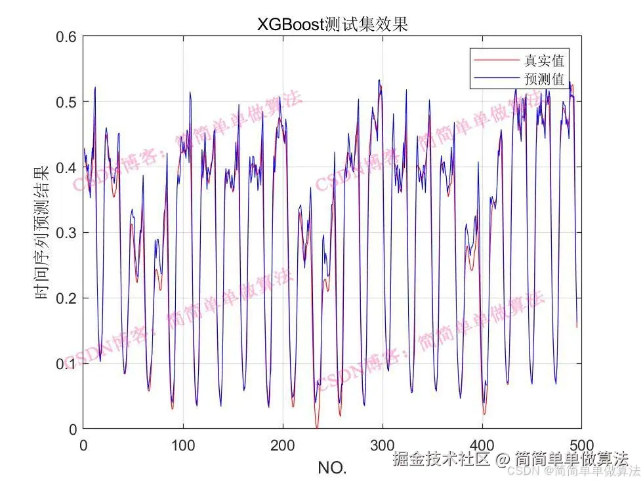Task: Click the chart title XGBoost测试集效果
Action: tap(332, 24)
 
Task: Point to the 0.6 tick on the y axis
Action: tap(66, 37)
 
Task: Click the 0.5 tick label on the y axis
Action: tap(66, 102)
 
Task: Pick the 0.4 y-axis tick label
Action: tap(66, 167)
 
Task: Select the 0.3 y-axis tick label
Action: tap(66, 233)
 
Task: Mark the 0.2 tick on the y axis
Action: tap(66, 298)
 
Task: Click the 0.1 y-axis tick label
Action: tap(66, 364)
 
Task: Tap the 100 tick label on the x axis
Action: tap(183, 444)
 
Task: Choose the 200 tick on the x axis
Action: tap(283, 444)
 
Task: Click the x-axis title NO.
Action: tap(332, 468)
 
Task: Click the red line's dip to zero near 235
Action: tap(317, 427)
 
